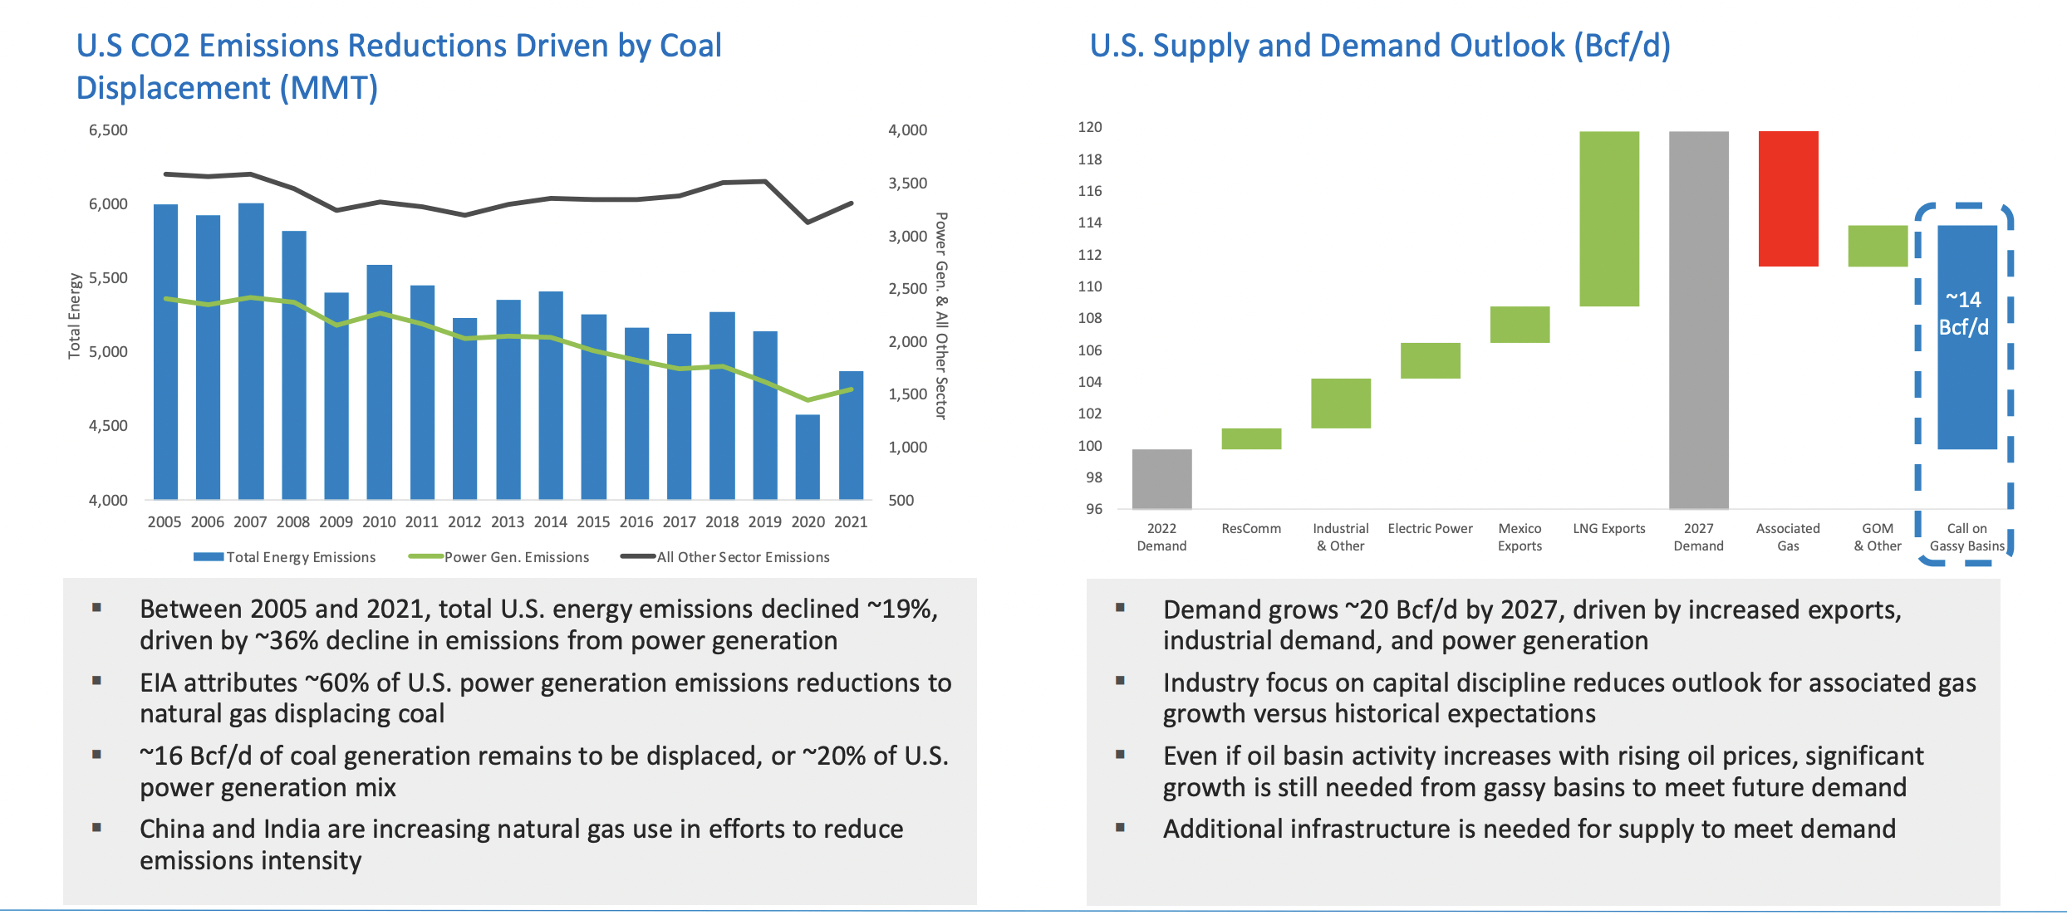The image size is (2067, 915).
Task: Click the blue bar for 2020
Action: point(808,457)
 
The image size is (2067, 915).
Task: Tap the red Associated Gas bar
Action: point(1788,198)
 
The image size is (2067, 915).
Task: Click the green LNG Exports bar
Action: point(1609,218)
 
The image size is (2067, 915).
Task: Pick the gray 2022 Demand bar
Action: point(1161,479)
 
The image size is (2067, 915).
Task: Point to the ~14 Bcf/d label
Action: point(1964,313)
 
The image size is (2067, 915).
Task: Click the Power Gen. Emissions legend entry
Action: point(499,557)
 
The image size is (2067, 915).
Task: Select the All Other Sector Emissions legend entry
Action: point(725,557)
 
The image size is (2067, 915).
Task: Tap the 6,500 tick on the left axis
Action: point(108,130)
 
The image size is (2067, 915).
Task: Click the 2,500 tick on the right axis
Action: point(907,289)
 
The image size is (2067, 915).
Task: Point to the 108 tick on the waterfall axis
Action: point(1089,318)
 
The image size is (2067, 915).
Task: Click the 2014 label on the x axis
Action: point(550,522)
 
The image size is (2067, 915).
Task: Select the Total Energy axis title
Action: point(74,316)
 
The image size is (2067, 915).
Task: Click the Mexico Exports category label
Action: point(1520,537)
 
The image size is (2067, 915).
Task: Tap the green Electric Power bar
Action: point(1430,360)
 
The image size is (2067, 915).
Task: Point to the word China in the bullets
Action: point(172,829)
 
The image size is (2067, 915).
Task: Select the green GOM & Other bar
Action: point(1878,246)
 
